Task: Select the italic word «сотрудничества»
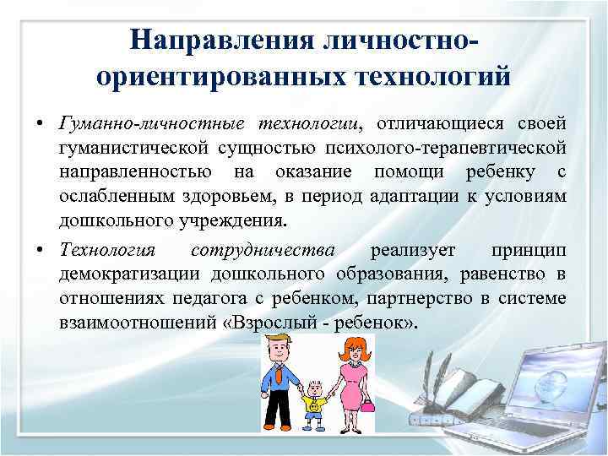point(263,252)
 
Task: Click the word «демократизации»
point(122,275)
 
